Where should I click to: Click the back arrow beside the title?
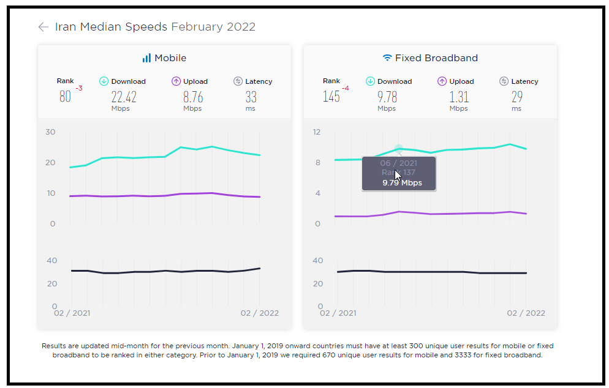43,27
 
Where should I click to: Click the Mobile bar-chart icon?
146,58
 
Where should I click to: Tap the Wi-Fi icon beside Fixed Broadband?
387,58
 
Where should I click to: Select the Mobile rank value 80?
65,97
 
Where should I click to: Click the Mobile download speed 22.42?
124,97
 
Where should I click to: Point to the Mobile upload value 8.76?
193,97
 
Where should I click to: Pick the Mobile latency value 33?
251,97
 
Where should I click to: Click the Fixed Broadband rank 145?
331,97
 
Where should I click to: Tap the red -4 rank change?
346,89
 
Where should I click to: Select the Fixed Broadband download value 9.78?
387,97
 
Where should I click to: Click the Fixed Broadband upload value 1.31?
459,97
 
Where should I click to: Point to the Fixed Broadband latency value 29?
517,97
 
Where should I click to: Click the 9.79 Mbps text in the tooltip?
402,183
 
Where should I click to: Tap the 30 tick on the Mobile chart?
50,132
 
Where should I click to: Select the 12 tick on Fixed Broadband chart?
317,132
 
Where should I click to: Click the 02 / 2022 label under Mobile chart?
259,313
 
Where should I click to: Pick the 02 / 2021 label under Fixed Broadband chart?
338,313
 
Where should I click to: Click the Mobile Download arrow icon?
104,81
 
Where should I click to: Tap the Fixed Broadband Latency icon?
504,81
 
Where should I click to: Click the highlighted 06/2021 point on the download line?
398,149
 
